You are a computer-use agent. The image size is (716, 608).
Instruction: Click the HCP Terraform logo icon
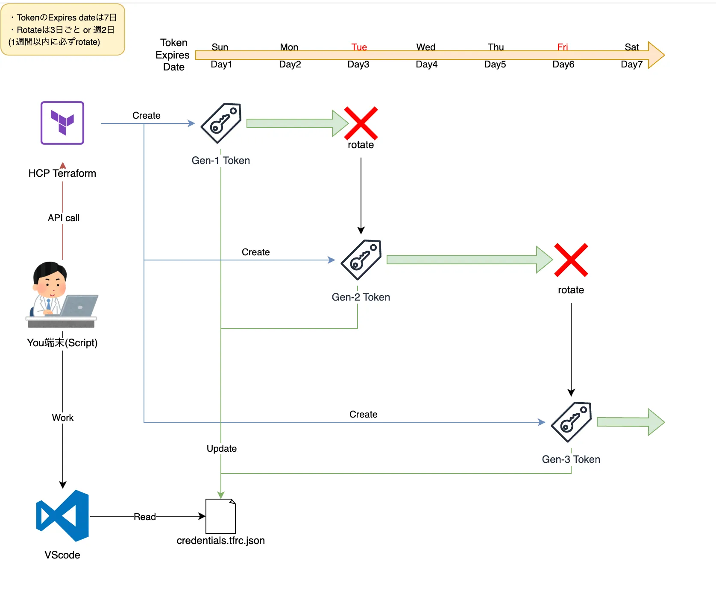click(x=62, y=123)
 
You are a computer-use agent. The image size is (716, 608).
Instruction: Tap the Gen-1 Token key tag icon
click(x=221, y=123)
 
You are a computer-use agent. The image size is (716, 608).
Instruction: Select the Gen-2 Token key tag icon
click(x=361, y=260)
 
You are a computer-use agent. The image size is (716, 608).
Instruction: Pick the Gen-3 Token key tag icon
click(x=572, y=422)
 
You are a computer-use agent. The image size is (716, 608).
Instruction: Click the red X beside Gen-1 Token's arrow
click(x=361, y=123)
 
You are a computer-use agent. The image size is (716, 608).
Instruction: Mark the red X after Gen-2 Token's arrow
click(x=571, y=260)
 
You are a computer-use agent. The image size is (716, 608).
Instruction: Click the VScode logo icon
click(x=63, y=516)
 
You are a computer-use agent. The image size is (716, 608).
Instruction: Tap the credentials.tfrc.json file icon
click(x=220, y=516)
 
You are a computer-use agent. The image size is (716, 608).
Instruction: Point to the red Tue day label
click(x=359, y=47)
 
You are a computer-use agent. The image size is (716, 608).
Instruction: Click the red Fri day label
click(x=563, y=47)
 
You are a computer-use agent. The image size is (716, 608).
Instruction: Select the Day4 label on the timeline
click(x=427, y=64)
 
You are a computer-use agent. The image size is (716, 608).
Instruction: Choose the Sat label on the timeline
click(x=632, y=47)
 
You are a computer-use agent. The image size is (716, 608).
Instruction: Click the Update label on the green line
click(x=222, y=448)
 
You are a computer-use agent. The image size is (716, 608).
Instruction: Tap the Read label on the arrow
click(x=145, y=517)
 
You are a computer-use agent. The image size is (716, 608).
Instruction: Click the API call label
click(x=64, y=218)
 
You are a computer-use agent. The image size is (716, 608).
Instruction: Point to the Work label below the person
click(x=63, y=418)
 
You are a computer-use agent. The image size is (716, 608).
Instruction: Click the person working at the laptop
click(x=62, y=295)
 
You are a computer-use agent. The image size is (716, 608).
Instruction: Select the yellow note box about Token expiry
click(x=63, y=29)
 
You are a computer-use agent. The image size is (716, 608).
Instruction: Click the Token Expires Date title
click(x=173, y=55)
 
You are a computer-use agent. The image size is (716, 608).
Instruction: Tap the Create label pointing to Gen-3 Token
click(x=364, y=414)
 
